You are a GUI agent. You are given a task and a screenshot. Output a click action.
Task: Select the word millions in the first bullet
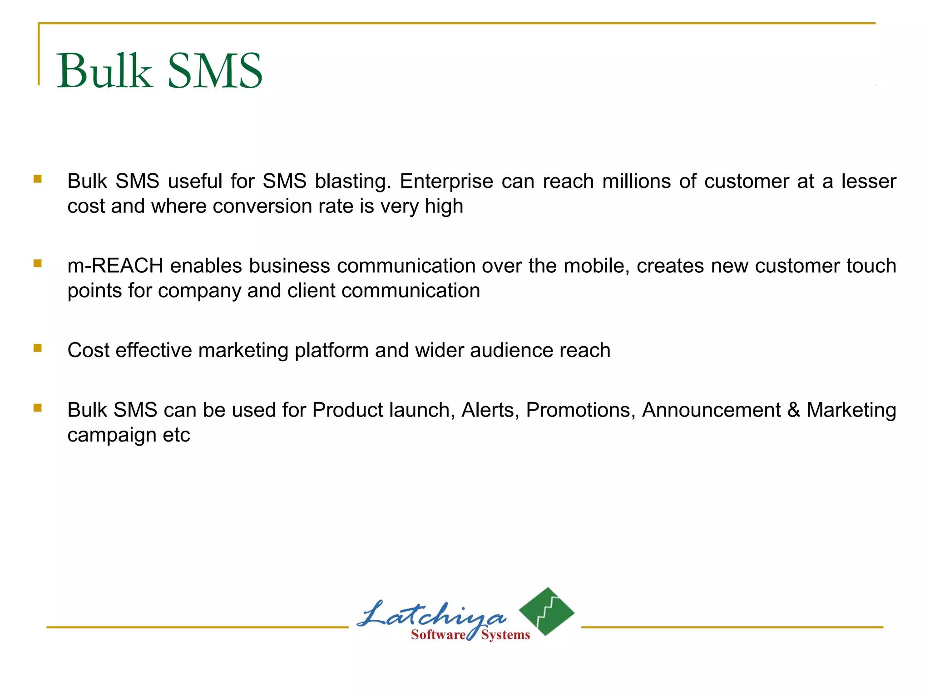pos(636,182)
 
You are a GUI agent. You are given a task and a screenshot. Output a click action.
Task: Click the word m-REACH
pos(115,266)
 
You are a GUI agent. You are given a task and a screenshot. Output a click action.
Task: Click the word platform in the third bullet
pos(331,351)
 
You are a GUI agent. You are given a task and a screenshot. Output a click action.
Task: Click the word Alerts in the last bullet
pos(490,410)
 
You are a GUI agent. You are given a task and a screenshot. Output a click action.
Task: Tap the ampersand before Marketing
pos(793,410)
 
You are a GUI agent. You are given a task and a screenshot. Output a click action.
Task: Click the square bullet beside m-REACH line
pos(38,263)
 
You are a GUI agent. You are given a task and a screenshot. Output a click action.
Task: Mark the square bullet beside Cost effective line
pos(38,348)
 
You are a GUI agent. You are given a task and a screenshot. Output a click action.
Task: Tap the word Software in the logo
pos(438,635)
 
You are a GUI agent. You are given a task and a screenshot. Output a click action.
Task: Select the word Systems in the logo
pos(505,635)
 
